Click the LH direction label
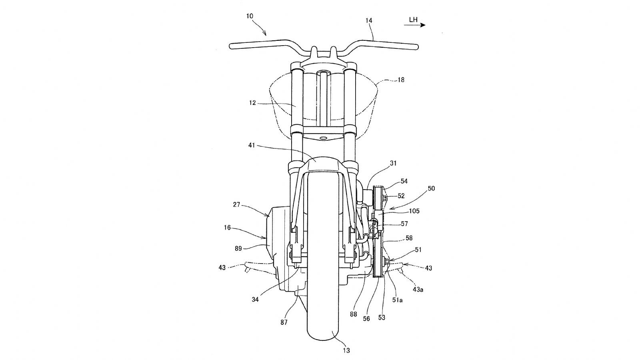[x=413, y=20]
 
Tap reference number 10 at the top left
[x=250, y=16]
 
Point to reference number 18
[x=400, y=80]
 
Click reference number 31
[x=393, y=163]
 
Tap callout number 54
[x=404, y=182]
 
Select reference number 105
[x=414, y=211]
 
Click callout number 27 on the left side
[x=236, y=204]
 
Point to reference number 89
[x=238, y=248]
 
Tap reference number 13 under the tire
[x=346, y=351]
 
